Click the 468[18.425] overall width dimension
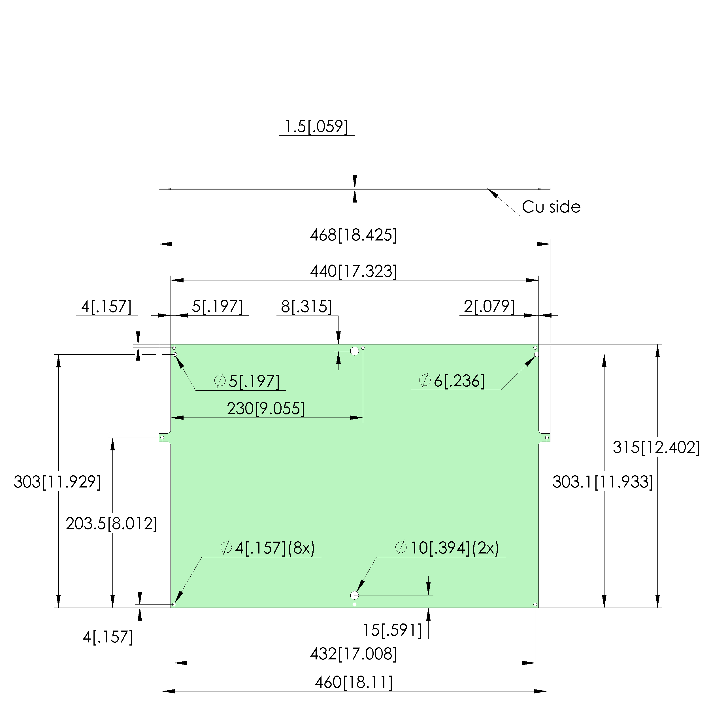pos(354,235)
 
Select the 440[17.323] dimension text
pos(354,271)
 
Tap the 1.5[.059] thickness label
pos(316,127)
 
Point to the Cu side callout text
pos(551,207)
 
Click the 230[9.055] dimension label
pos(266,408)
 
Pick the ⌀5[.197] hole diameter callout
pos(247,381)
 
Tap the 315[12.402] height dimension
pos(656,447)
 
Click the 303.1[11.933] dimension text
pos(603,482)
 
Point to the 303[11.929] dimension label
pos(57,482)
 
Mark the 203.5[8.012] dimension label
pos(112,524)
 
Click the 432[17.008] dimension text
pos(354,654)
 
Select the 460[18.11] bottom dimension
pos(354,683)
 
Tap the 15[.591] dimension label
pos(392,630)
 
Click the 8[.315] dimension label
pos(306,306)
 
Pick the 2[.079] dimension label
pos(489,306)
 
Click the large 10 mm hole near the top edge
pos(355,351)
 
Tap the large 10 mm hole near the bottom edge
pos(355,595)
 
